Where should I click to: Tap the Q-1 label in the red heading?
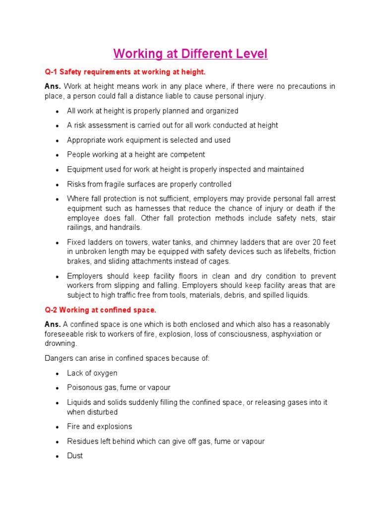click(x=52, y=72)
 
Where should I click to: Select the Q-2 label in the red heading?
click(x=52, y=310)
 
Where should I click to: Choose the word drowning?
click(x=60, y=343)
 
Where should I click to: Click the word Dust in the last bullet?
click(x=75, y=455)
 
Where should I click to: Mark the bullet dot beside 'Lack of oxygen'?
click(x=58, y=374)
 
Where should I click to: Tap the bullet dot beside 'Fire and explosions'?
click(x=58, y=427)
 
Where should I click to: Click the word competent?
click(x=188, y=154)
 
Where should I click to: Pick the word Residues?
click(x=82, y=441)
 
